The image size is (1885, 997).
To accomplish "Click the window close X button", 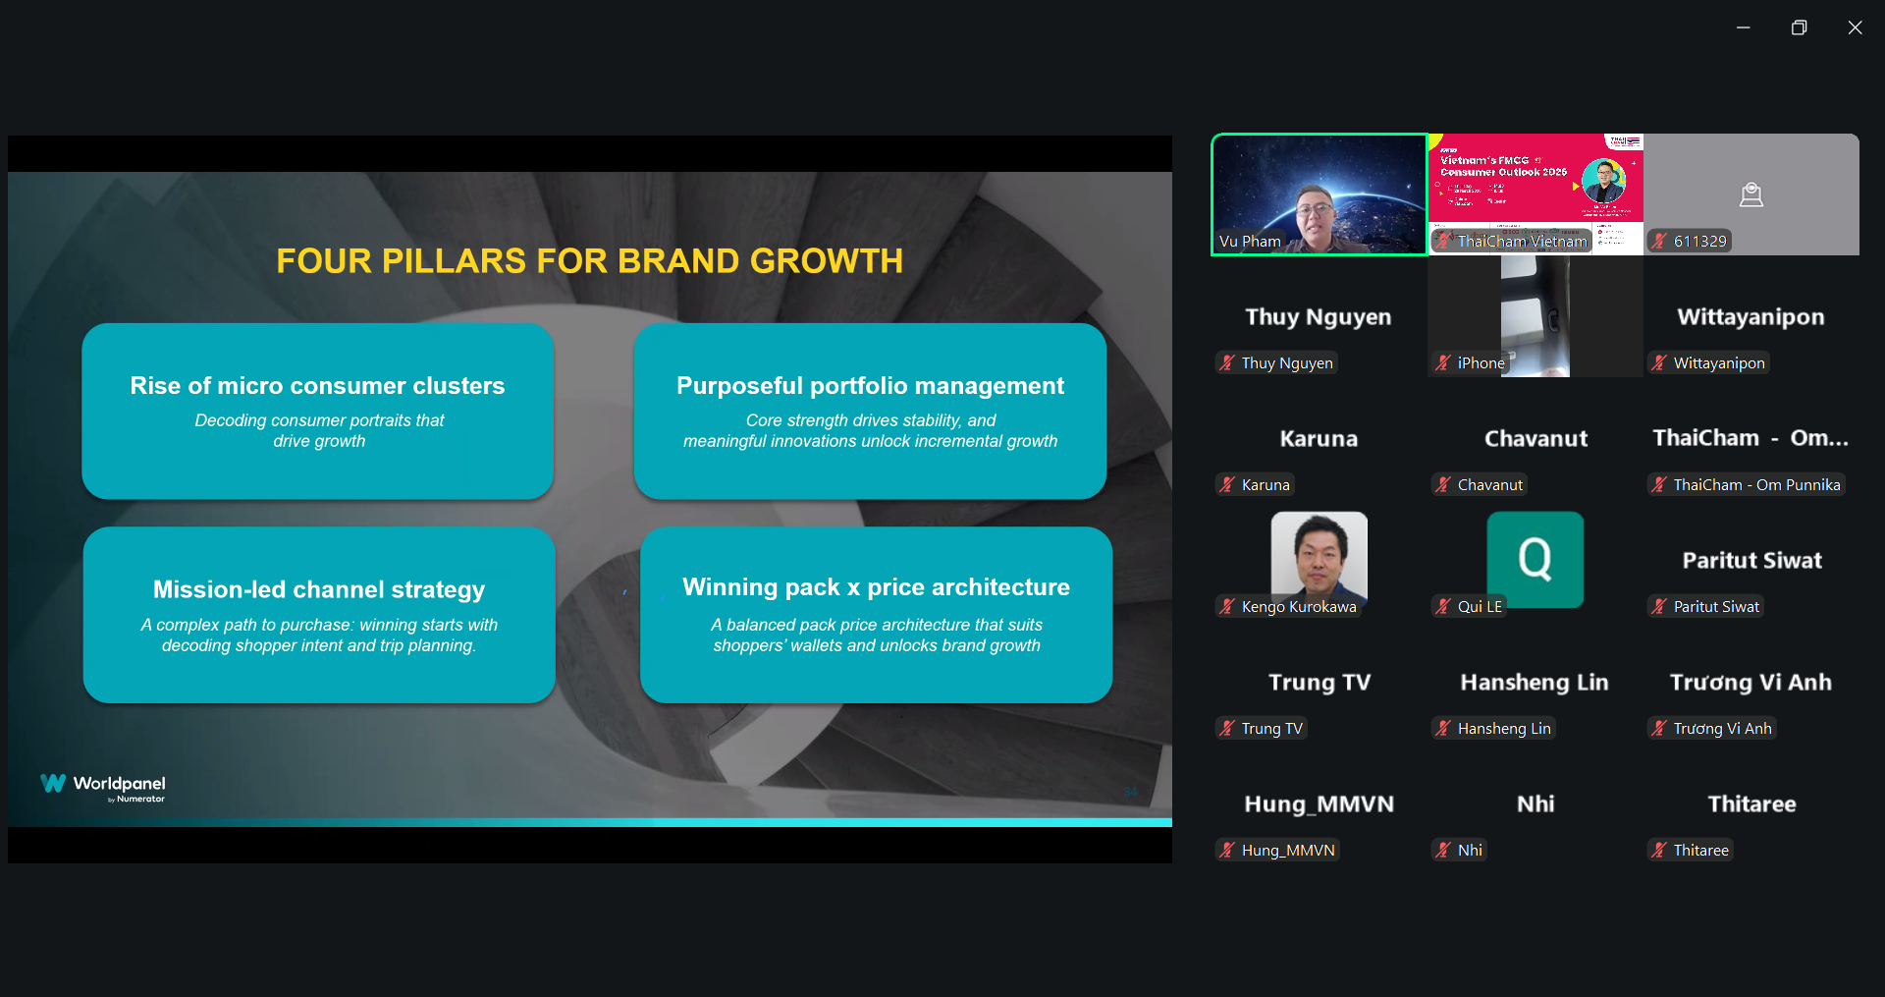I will click(x=1855, y=28).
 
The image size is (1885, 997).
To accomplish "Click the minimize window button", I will click(x=1743, y=28).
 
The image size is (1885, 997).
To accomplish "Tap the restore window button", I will click(x=1799, y=28).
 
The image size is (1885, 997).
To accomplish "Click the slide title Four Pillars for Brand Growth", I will click(x=589, y=261).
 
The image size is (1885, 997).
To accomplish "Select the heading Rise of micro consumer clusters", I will click(x=317, y=386).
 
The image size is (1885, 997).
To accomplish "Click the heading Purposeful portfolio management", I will click(x=870, y=386).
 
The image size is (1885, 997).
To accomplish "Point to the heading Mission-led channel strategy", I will click(x=319, y=589).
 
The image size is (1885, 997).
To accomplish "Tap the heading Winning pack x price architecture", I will click(x=876, y=587).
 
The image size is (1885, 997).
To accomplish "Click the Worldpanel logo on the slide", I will click(x=103, y=786).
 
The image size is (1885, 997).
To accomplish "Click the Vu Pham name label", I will click(x=1250, y=242).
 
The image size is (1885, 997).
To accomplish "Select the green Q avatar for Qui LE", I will click(x=1535, y=559).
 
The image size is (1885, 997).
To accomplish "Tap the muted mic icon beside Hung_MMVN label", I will click(x=1227, y=851).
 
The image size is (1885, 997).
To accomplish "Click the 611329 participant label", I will click(x=1699, y=242).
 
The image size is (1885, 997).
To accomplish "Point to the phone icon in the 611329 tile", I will click(x=1750, y=195).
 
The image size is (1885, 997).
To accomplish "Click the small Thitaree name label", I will click(x=1700, y=851).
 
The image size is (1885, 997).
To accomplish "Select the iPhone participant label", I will click(x=1481, y=363).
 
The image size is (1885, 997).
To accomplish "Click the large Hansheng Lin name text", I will click(x=1535, y=683).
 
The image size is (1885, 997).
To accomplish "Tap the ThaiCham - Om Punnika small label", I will click(x=1756, y=485).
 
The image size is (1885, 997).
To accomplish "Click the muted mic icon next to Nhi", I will click(x=1443, y=851).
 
